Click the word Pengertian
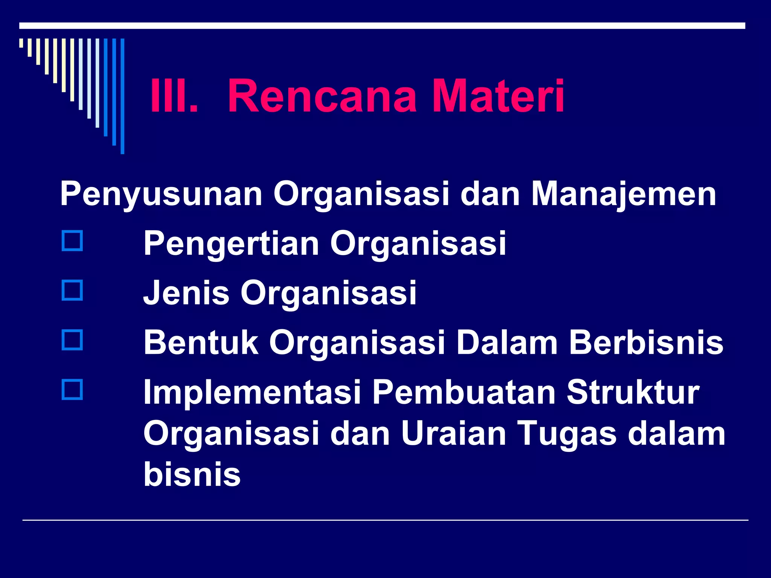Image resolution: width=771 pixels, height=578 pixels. click(x=231, y=244)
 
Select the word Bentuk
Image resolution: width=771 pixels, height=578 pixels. click(x=201, y=342)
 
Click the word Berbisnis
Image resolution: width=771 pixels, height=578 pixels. click(x=646, y=342)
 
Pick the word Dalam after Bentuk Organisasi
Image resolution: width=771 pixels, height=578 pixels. click(x=507, y=342)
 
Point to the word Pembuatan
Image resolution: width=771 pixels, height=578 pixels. click(x=464, y=392)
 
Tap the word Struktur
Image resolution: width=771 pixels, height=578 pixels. click(x=632, y=392)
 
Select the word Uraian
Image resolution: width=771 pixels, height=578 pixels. click(x=453, y=433)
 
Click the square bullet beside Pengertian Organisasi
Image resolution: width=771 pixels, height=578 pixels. click(x=72, y=241)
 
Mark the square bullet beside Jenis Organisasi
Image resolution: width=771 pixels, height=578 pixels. click(x=72, y=290)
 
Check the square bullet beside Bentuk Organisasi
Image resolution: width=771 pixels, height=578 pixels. click(x=72, y=340)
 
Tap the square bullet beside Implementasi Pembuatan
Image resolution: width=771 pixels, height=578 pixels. click(x=72, y=390)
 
